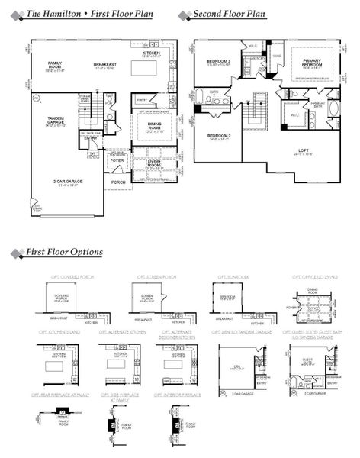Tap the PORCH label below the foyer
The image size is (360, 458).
[x=118, y=182]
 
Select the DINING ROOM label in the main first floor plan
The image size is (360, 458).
[x=156, y=127]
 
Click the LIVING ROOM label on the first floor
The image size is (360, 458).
[x=156, y=163]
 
